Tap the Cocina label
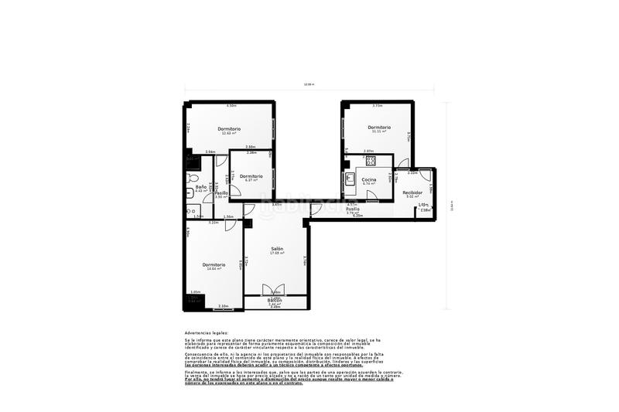(x=368, y=179)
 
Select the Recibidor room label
(x=412, y=192)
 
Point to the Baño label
(x=200, y=186)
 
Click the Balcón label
(x=275, y=300)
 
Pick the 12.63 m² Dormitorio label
(x=228, y=128)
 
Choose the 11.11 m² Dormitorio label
(x=379, y=127)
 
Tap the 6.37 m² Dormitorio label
(x=251, y=176)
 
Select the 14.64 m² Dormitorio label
(x=214, y=264)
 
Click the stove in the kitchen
(x=371, y=161)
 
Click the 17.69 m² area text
(x=277, y=254)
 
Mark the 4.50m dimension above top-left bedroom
(x=231, y=106)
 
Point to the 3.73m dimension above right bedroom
(x=378, y=106)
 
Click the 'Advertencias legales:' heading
(x=201, y=332)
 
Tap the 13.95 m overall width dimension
(x=309, y=85)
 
